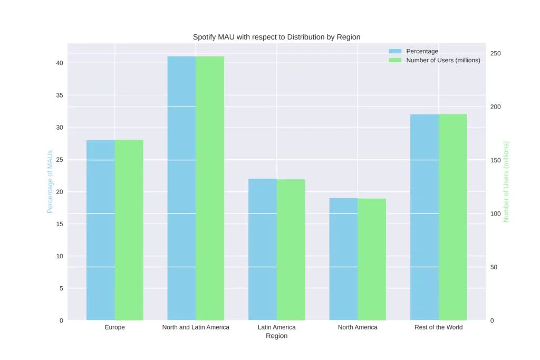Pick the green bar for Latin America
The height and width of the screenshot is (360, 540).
tap(291, 250)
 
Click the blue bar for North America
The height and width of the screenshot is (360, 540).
tap(343, 259)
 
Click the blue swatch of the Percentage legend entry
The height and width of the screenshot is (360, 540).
tap(395, 51)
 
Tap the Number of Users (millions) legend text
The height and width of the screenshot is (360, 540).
tap(443, 60)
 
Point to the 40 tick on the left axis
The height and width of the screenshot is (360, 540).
tap(60, 63)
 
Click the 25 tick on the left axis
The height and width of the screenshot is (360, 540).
tap(60, 160)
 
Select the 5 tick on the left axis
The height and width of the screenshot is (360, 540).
tap(61, 288)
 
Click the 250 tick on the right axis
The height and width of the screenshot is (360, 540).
tap(496, 54)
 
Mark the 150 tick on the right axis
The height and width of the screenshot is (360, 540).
tap(496, 160)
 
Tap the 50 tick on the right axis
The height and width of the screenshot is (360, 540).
tap(494, 267)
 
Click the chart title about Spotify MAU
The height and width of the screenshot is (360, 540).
tap(276, 37)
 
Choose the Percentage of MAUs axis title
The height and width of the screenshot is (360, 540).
tap(50, 181)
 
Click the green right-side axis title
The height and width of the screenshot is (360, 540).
tap(506, 181)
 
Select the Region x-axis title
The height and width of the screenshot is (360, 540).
tap(276, 336)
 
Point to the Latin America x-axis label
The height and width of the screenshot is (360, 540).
tap(276, 327)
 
